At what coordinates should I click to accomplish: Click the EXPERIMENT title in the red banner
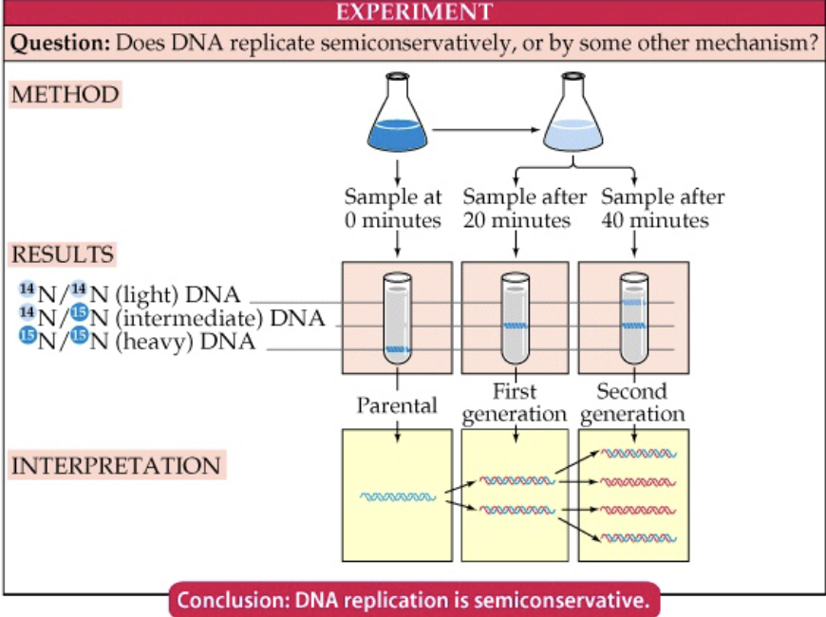click(413, 12)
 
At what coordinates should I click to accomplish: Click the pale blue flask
click(573, 121)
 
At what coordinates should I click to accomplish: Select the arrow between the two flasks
click(484, 127)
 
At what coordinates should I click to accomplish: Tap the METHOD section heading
click(65, 95)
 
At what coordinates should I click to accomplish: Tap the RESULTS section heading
click(63, 255)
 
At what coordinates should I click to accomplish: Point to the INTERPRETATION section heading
click(115, 466)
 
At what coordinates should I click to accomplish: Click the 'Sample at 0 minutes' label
click(393, 209)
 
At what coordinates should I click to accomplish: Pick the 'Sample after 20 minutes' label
click(518, 209)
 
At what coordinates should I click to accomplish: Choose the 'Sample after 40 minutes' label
click(663, 209)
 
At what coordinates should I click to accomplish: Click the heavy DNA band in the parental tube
click(397, 350)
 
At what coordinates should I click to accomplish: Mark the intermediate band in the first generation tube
click(515, 326)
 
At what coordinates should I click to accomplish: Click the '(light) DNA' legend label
click(177, 294)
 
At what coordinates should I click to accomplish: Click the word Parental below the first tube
click(396, 405)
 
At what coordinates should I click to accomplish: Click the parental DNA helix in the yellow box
click(398, 496)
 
